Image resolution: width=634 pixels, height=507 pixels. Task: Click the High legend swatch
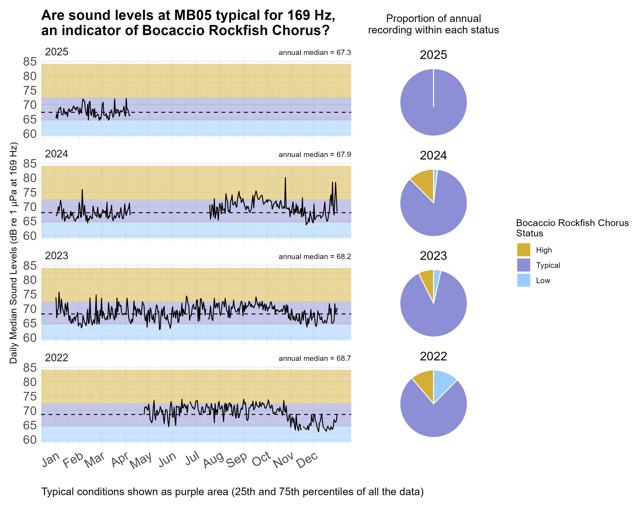pyautogui.click(x=523, y=250)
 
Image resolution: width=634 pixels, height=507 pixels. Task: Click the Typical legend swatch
pyautogui.click(x=523, y=265)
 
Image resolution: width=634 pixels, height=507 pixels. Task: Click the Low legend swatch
pyautogui.click(x=523, y=280)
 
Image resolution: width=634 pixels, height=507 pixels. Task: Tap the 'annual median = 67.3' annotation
pyautogui.click(x=315, y=53)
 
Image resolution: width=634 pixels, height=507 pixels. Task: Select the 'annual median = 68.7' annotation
pyautogui.click(x=315, y=358)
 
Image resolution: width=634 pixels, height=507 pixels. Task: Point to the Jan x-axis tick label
pyautogui.click(x=51, y=460)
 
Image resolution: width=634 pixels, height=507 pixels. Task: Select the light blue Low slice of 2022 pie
pyautogui.click(x=443, y=382)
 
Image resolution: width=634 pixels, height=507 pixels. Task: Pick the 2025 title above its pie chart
pyautogui.click(x=433, y=55)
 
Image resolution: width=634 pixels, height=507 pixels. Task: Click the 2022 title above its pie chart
pyautogui.click(x=433, y=357)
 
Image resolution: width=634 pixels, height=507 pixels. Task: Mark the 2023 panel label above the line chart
pyautogui.click(x=56, y=256)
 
